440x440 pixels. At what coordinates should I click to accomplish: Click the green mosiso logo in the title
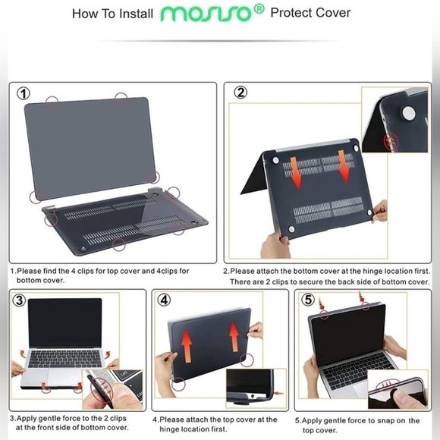pos(209,14)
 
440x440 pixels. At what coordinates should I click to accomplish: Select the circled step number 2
pos(240,93)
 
